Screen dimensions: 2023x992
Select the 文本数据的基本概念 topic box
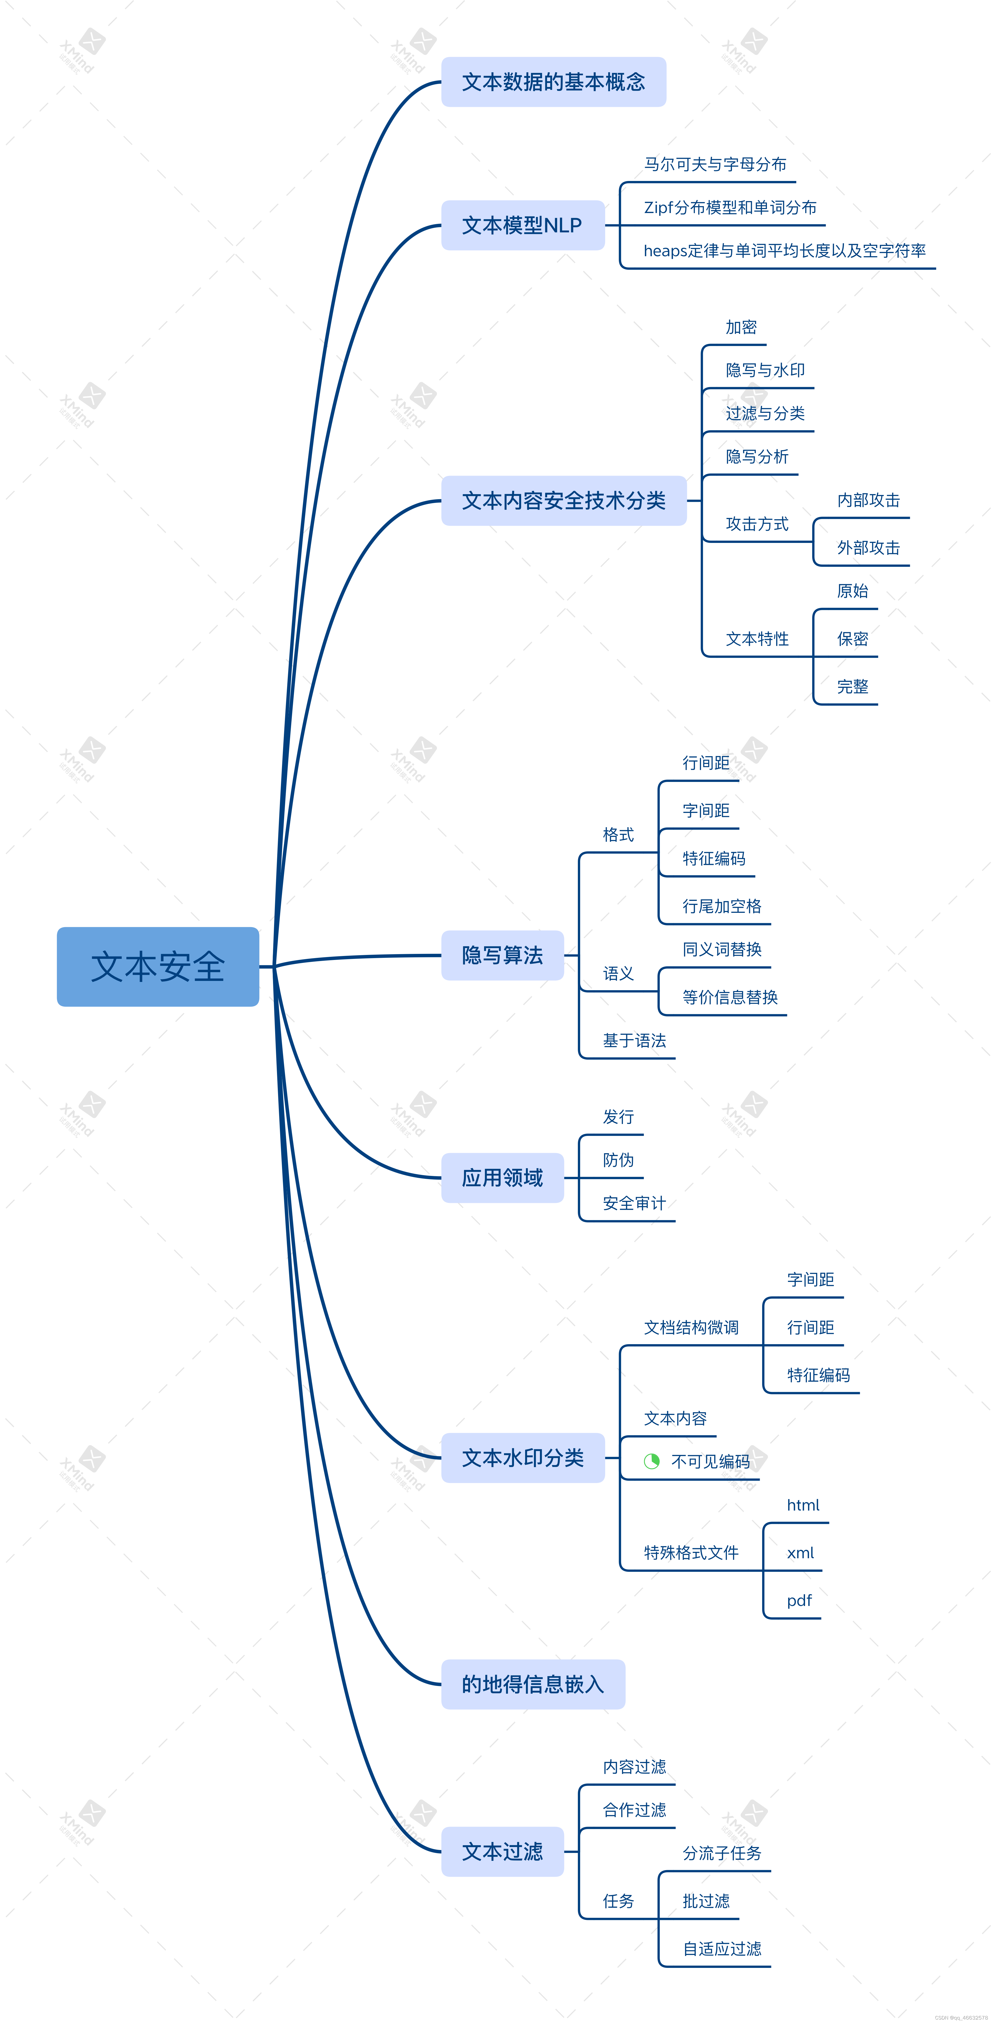point(553,82)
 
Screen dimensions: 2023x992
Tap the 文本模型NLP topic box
point(522,225)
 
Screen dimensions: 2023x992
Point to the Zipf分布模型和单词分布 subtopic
point(730,207)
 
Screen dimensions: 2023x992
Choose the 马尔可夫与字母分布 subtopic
point(715,164)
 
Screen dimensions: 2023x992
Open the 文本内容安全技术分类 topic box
point(564,500)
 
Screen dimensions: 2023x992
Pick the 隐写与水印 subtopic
point(765,370)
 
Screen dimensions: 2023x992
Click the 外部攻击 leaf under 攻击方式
point(868,547)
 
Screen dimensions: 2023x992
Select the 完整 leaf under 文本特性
point(852,686)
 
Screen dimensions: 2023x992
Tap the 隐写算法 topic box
point(502,955)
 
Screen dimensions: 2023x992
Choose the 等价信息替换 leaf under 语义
point(730,997)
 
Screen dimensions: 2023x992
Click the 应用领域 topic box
point(502,1177)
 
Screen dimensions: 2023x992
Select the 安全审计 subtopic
point(634,1203)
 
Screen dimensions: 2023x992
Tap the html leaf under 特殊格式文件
point(803,1505)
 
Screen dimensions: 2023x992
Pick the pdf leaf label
point(799,1600)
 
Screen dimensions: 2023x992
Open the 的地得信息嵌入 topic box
point(533,1684)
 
